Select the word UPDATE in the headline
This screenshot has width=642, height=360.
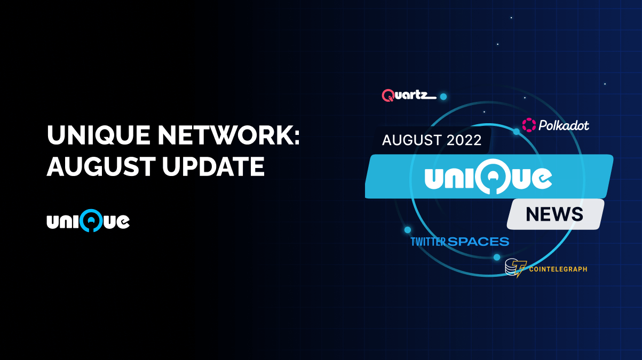[x=213, y=167]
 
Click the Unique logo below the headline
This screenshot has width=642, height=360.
[x=88, y=220]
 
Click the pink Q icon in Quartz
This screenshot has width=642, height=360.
[x=388, y=95]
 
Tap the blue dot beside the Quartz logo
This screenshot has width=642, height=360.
[x=443, y=97]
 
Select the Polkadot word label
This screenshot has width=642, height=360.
[x=564, y=126]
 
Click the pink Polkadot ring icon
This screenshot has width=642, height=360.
[x=529, y=125]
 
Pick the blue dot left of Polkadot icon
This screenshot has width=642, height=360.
[x=516, y=132]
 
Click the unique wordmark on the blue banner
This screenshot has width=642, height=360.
[x=488, y=178]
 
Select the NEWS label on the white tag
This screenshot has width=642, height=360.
[x=554, y=214]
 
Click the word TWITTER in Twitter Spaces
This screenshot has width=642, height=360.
[x=428, y=242]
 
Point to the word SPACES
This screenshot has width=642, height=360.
[x=478, y=242]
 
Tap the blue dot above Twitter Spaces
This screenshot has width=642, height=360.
[x=408, y=230]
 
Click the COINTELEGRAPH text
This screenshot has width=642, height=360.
[x=558, y=269]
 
